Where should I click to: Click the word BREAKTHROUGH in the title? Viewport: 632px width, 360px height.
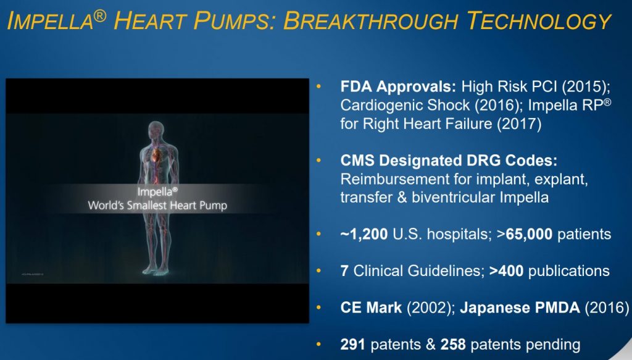pyautogui.click(x=371, y=20)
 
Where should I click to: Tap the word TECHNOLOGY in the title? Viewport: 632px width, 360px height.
pyautogui.click(x=539, y=20)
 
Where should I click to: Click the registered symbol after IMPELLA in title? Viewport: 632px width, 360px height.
pyautogui.click(x=100, y=16)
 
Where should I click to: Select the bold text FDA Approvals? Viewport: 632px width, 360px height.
pyautogui.click(x=398, y=86)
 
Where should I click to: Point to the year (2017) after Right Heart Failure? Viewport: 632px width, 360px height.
pyautogui.click(x=518, y=123)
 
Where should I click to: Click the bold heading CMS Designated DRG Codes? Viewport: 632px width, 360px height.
pyautogui.click(x=449, y=161)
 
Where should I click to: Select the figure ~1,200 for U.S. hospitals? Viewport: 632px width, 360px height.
pyautogui.click(x=364, y=234)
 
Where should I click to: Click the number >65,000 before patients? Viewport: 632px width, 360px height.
pyautogui.click(x=525, y=234)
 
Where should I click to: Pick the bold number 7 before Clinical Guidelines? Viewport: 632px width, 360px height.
pyautogui.click(x=344, y=271)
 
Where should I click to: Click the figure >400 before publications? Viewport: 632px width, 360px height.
pyautogui.click(x=506, y=271)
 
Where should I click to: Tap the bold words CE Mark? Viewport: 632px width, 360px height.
pyautogui.click(x=371, y=308)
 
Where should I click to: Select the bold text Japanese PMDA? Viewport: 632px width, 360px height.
pyautogui.click(x=520, y=308)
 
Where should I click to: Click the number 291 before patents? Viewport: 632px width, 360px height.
pyautogui.click(x=352, y=345)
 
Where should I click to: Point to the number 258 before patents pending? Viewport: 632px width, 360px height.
pyautogui.click(x=453, y=345)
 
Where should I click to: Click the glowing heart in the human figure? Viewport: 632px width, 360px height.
pyautogui.click(x=156, y=154)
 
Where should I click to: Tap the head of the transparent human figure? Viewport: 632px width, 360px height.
pyautogui.click(x=156, y=131)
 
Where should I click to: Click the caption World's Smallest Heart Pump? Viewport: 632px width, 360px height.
pyautogui.click(x=157, y=206)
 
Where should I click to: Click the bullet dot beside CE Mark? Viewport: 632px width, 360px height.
pyautogui.click(x=319, y=308)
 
